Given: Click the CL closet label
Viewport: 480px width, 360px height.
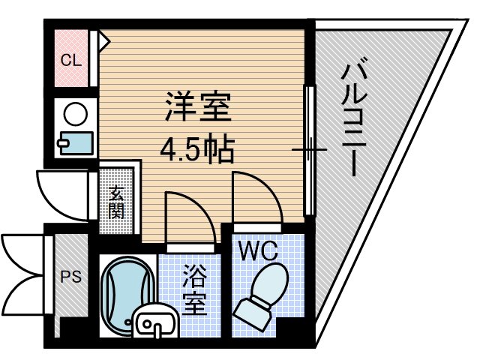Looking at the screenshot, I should [71, 61].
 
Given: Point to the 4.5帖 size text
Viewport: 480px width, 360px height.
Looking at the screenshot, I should [196, 149].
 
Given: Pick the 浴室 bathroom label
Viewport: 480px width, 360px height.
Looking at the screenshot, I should [194, 289].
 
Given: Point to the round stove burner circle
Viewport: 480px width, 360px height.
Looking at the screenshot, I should [76, 114].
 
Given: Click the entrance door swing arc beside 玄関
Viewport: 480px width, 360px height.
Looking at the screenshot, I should [61, 196].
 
